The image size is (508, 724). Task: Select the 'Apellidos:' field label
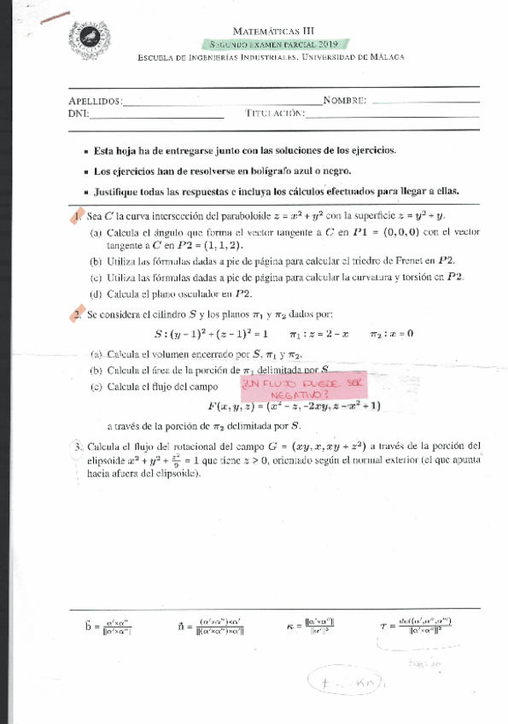(95, 101)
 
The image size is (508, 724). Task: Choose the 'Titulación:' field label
(275, 114)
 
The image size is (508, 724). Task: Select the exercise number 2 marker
(78, 314)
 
